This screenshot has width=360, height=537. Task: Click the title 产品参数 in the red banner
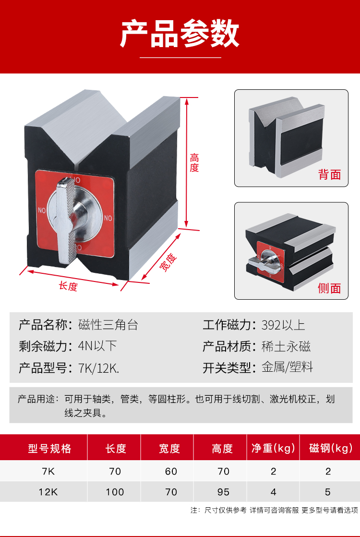(x=180, y=34)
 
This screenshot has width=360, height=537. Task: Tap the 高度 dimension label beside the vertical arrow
(x=194, y=163)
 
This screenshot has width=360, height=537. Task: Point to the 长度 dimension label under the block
(x=68, y=286)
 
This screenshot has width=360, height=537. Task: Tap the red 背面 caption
(x=329, y=174)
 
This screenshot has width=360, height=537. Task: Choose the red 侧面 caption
(x=329, y=288)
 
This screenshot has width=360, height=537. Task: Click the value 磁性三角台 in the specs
(x=108, y=325)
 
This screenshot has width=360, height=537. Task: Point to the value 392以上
(x=283, y=325)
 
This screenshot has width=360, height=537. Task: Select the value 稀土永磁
(x=286, y=346)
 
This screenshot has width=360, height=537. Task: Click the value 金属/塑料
(x=287, y=368)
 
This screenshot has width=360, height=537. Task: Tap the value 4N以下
(x=97, y=346)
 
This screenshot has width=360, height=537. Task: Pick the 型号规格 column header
(x=49, y=449)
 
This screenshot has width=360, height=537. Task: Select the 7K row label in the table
(x=48, y=471)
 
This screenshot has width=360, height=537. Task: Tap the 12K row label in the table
(x=48, y=492)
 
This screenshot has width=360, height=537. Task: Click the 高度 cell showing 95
(x=223, y=492)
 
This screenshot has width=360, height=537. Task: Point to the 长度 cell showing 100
(x=115, y=492)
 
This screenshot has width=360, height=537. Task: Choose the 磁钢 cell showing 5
(x=328, y=492)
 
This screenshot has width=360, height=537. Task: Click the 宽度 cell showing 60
(x=171, y=471)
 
